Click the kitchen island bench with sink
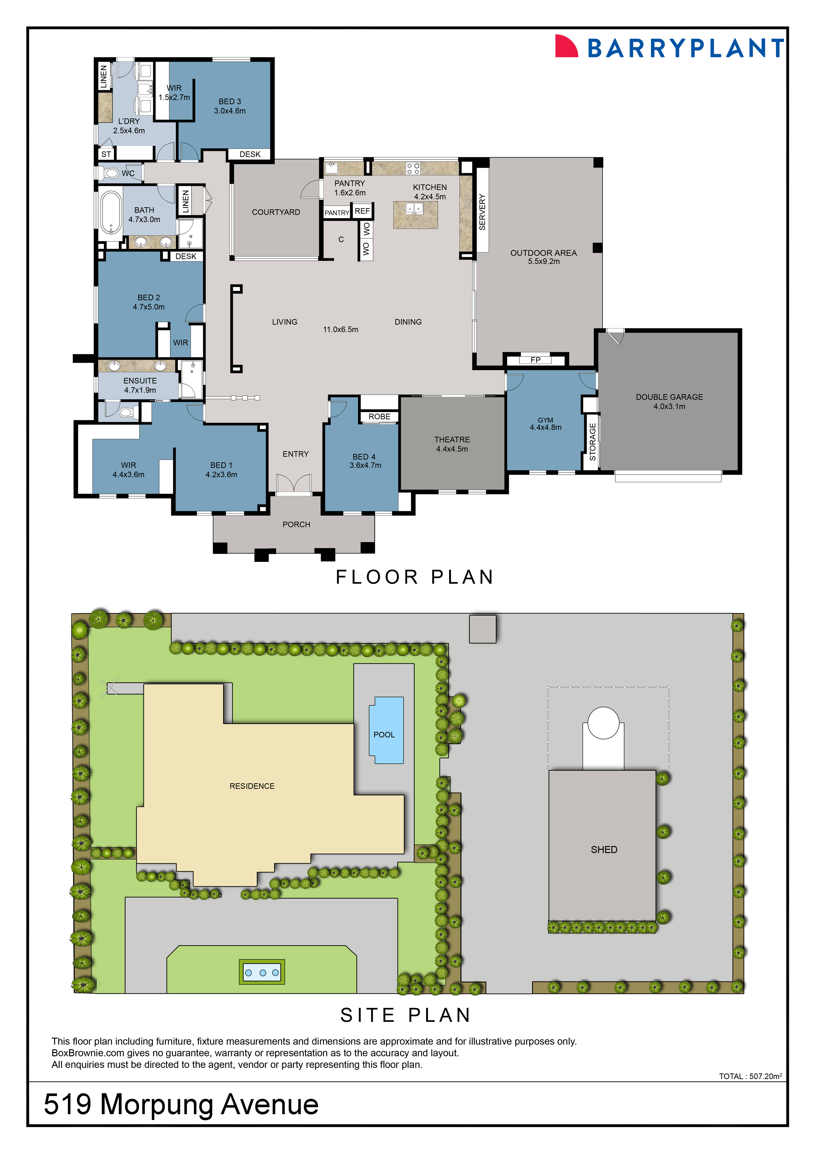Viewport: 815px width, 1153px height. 415,214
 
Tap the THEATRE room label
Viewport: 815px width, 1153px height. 452,440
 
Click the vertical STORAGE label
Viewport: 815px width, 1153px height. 592,442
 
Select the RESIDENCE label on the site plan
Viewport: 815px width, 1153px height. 252,786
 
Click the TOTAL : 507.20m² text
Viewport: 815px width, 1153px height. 750,1076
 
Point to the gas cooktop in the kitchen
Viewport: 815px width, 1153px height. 413,168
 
